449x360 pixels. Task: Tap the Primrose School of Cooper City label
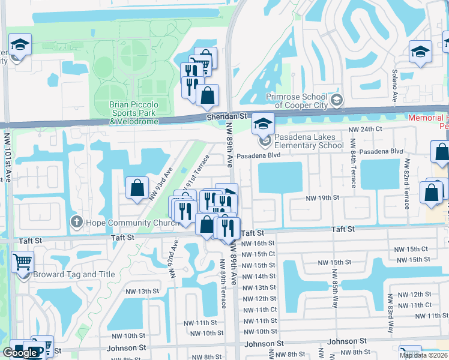coord(298,102)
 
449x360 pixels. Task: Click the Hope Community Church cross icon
coord(76,222)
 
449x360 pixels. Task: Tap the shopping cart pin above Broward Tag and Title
coord(22,262)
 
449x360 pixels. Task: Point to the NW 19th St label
coord(322,197)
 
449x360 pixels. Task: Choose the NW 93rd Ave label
coord(160,184)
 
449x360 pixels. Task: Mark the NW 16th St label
coord(258,243)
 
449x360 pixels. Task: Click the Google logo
coord(20,353)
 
